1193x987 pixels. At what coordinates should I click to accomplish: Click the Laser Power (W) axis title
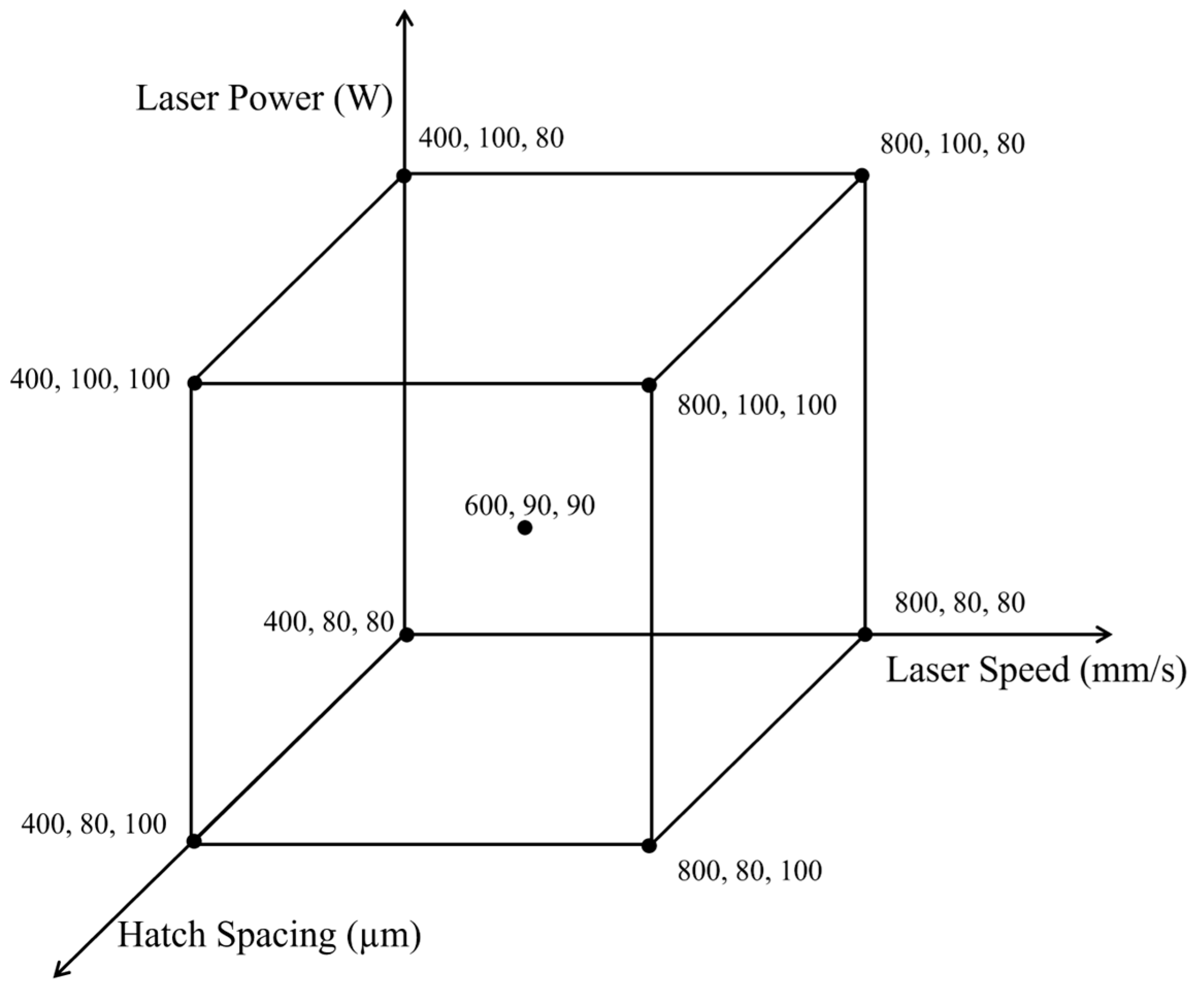coord(264,99)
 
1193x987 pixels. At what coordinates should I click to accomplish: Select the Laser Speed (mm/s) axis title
coord(1036,670)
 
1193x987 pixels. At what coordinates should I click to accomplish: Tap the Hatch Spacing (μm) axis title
coord(269,934)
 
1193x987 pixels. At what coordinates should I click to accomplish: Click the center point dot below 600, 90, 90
coord(525,528)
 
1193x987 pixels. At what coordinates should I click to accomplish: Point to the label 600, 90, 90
coord(529,505)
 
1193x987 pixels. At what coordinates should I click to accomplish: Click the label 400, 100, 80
coord(491,138)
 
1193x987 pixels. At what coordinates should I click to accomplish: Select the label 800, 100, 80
coord(952,144)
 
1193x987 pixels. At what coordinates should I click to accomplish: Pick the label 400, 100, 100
coord(90,380)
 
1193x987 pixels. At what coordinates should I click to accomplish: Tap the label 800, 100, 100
coord(757,406)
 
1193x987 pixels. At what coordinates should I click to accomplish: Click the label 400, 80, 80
coord(328,622)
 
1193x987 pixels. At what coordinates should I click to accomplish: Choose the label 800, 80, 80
coord(959,603)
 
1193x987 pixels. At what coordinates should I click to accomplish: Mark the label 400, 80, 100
coord(94,825)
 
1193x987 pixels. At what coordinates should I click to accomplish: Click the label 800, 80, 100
coord(749,871)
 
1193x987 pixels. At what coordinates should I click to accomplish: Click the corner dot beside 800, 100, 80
coord(862,175)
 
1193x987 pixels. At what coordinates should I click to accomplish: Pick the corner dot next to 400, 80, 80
coord(407,635)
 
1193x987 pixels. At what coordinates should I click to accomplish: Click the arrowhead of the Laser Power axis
coord(404,16)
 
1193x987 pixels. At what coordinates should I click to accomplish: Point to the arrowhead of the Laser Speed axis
coord(1105,634)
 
